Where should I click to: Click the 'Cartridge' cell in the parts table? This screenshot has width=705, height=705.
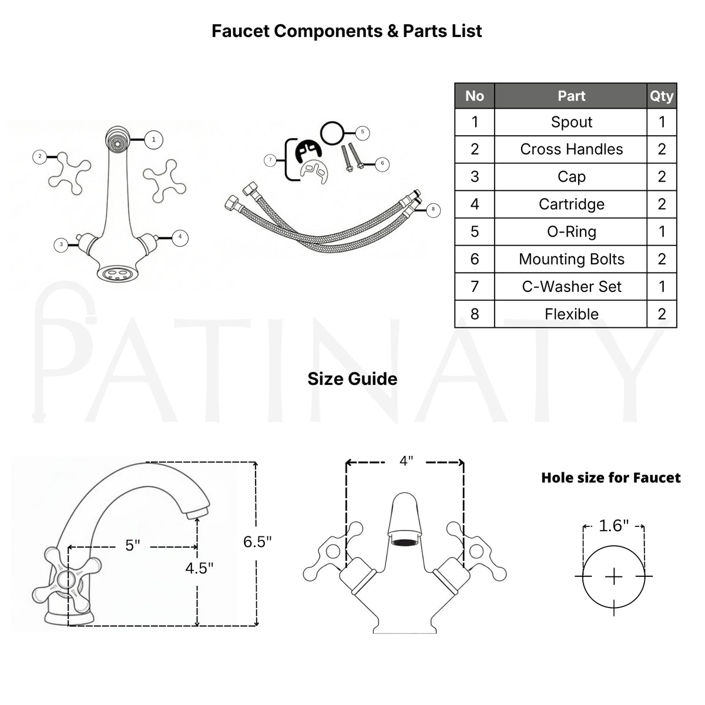(x=571, y=204)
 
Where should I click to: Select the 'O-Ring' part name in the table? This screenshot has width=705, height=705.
(x=571, y=231)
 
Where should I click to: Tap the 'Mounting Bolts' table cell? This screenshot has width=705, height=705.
(x=571, y=259)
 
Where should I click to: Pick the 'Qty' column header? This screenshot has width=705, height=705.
(x=662, y=96)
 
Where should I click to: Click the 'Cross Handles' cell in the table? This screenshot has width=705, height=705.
(x=571, y=149)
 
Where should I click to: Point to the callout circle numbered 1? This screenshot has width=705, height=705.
(x=154, y=139)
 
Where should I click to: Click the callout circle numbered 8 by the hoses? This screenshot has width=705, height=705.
(x=433, y=209)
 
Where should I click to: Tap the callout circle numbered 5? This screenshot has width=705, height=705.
(x=362, y=132)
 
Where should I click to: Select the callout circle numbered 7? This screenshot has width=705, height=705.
(x=270, y=160)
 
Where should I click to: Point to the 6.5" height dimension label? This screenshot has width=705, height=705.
(x=257, y=542)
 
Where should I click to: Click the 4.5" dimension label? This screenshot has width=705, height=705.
(x=199, y=568)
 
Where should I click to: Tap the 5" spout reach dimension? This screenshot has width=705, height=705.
(x=132, y=545)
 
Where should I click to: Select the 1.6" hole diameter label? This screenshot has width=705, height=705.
(x=613, y=526)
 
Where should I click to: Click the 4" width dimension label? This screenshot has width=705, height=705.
(x=406, y=461)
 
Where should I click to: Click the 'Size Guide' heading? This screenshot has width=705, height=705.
(x=352, y=379)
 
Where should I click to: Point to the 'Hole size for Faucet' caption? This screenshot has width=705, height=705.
(x=610, y=478)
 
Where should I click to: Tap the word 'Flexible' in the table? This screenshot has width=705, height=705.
(x=572, y=314)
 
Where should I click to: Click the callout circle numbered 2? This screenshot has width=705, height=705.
(x=40, y=157)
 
